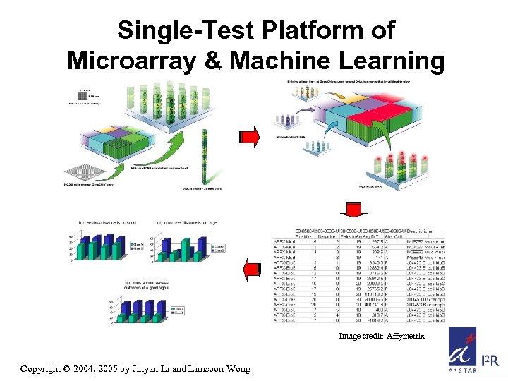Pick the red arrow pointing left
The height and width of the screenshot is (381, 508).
(250, 269)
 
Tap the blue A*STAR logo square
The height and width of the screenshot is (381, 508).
(461, 351)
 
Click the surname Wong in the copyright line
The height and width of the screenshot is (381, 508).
(236, 368)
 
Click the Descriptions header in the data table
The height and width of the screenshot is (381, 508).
(426, 230)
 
